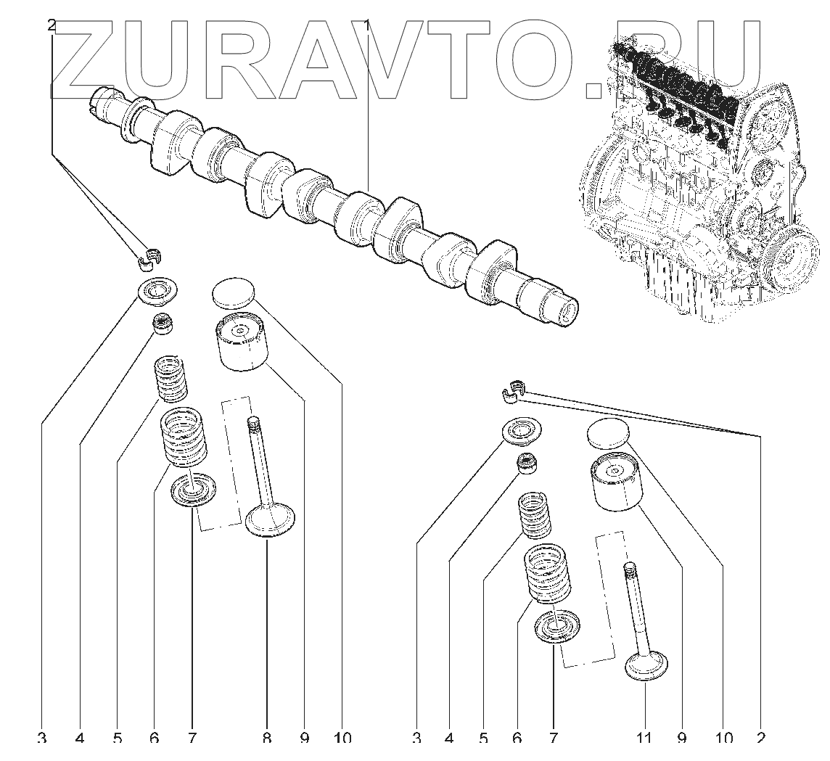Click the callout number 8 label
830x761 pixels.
click(267, 739)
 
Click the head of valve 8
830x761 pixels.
click(271, 522)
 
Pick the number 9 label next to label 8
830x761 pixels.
click(304, 739)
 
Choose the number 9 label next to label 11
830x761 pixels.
click(681, 739)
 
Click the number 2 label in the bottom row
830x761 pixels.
click(761, 739)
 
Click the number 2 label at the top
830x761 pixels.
click(50, 26)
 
